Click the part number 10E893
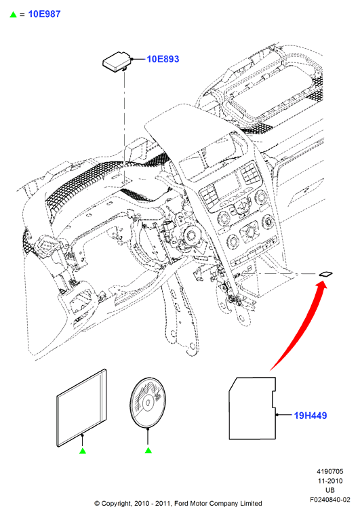(x=163, y=59)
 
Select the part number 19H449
(x=311, y=416)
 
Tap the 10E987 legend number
(x=45, y=14)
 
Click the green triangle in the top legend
(x=13, y=14)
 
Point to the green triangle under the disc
(x=148, y=450)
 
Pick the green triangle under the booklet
(x=83, y=450)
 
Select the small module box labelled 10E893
(x=117, y=61)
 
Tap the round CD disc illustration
(x=148, y=403)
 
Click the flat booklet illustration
(x=82, y=408)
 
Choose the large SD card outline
(x=253, y=408)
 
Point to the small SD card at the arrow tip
(x=325, y=273)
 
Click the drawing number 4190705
(x=330, y=471)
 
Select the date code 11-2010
(x=330, y=481)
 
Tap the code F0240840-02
(x=330, y=500)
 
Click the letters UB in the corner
(x=330, y=490)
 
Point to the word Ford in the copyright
(x=181, y=504)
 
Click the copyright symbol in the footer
(x=97, y=504)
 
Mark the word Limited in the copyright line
(x=251, y=504)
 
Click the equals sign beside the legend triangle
(x=22, y=14)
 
